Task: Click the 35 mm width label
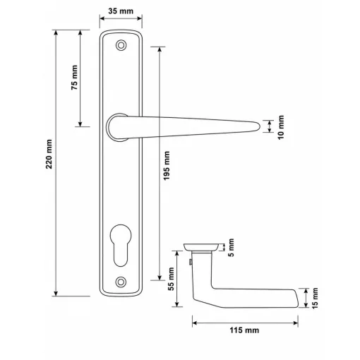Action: coord(121,11)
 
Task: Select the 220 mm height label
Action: coord(49,154)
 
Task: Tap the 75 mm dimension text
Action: coord(74,78)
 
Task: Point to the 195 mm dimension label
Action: coord(167,166)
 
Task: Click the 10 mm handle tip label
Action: coord(281,127)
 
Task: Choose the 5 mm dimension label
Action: coord(232,248)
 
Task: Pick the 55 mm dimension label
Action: coord(171,279)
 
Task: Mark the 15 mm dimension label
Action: coord(315,298)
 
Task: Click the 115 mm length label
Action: coord(244,330)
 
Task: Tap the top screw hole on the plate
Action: coord(121,45)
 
